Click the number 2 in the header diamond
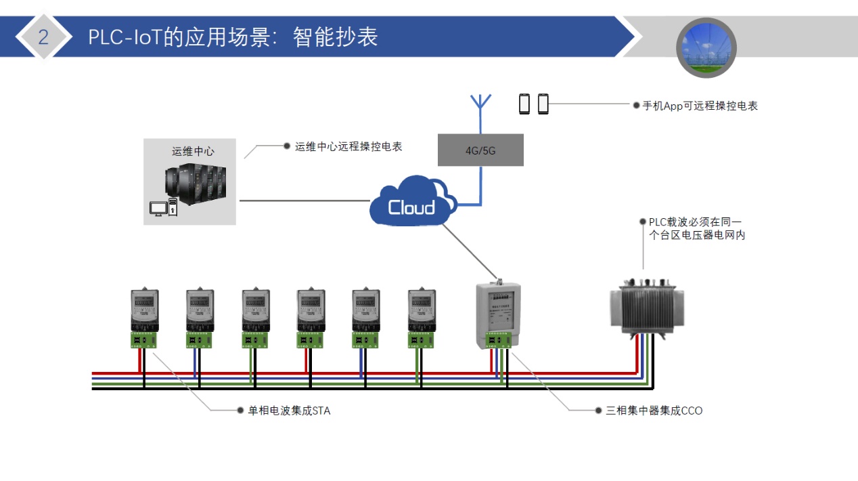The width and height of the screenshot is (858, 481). coord(43,37)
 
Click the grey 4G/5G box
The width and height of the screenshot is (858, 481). coord(480,150)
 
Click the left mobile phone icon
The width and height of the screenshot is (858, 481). coord(524,104)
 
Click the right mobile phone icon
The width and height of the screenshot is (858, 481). coord(543,104)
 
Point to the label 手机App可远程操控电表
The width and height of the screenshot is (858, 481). coord(700,106)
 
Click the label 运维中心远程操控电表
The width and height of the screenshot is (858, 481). coord(348,146)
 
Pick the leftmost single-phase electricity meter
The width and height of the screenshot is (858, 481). coord(144,312)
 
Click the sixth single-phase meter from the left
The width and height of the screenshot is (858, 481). coord(422,312)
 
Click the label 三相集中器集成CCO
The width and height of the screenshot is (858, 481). coord(654,411)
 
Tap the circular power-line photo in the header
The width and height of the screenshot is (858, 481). coord(706,47)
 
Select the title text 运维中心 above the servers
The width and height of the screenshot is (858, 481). coord(193,151)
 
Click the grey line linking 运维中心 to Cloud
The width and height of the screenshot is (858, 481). coord(304,201)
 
